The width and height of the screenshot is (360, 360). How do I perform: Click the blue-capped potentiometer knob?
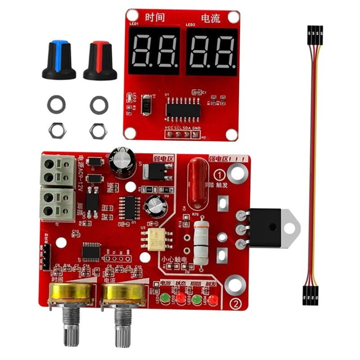click(x=59, y=59)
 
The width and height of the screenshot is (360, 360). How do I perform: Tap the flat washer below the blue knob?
click(x=56, y=104)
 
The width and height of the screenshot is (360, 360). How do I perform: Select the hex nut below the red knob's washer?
click(x=99, y=130)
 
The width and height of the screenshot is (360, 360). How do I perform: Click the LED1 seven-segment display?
click(x=154, y=50)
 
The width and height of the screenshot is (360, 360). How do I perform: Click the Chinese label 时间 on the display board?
click(x=154, y=18)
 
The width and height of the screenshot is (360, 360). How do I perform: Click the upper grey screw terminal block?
click(x=58, y=171)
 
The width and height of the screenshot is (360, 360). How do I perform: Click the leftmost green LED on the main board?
click(x=165, y=298)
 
